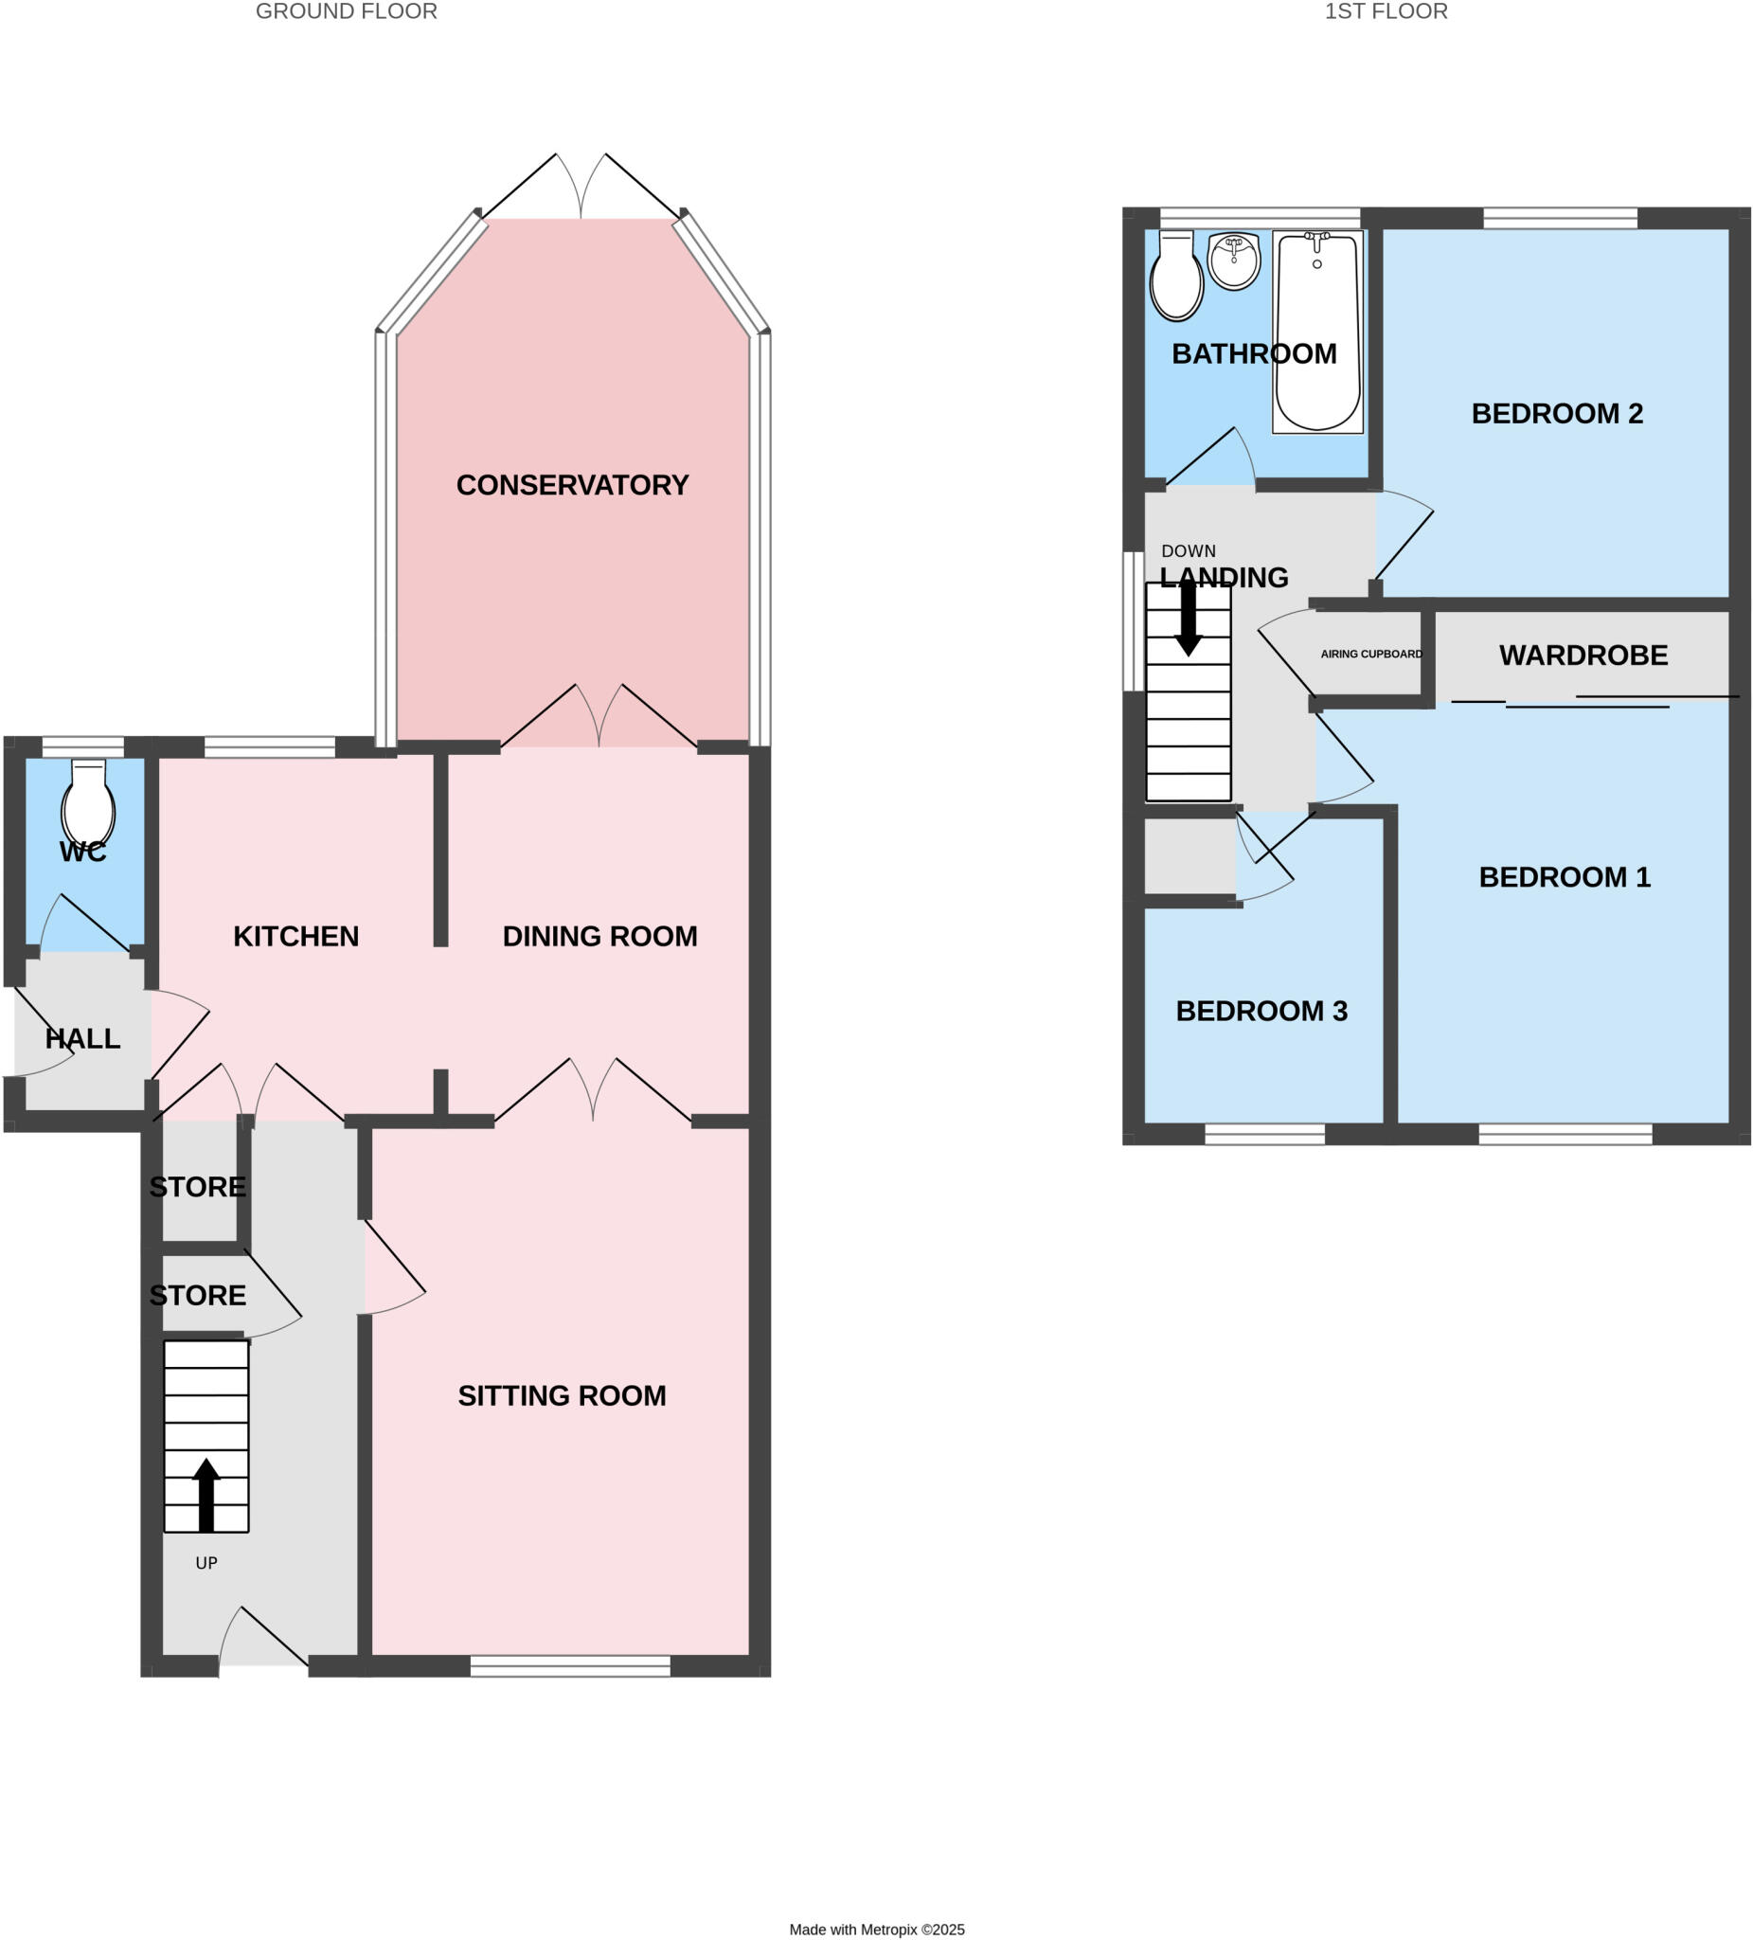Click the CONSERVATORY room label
pos(572,485)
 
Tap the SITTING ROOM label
pos(562,1395)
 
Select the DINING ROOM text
pos(599,936)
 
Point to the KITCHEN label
pos(295,936)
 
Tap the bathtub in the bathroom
pos(1317,332)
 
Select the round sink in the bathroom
pos(1233,260)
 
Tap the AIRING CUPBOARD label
pos(1371,655)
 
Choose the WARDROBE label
pos(1583,656)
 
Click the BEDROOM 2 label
pos(1557,414)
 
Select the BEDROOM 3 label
pos(1261,1012)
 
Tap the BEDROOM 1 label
pos(1565,877)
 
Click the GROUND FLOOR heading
pos(347,11)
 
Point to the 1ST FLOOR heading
pos(1386,11)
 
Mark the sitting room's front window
pos(569,1665)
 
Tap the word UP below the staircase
pos(206,1564)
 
